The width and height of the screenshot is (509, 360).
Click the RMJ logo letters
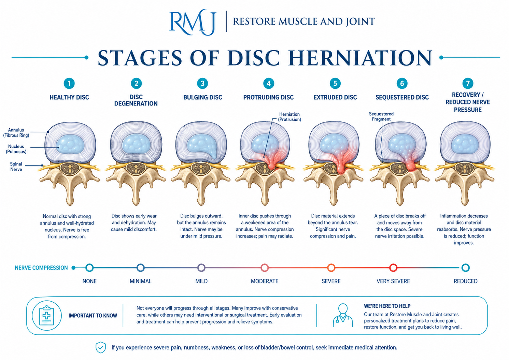(192, 22)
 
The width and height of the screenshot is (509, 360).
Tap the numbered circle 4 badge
(269, 83)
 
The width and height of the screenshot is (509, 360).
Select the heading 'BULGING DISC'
(203, 97)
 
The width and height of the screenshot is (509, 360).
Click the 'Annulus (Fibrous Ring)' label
(16, 133)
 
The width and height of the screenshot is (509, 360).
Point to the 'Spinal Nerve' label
(16, 167)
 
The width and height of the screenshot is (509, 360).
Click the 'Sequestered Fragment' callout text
(381, 116)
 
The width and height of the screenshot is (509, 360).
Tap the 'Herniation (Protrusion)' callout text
(289, 117)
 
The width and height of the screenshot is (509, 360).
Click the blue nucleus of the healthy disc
(70, 145)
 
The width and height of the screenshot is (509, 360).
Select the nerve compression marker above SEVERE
(331, 268)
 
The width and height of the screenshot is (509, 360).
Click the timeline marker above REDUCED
(465, 268)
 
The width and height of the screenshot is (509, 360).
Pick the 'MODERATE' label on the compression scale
(265, 281)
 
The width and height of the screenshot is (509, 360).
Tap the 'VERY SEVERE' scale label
(393, 281)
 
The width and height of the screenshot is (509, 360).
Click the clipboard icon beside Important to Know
(47, 315)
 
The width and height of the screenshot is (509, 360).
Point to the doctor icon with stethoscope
(343, 315)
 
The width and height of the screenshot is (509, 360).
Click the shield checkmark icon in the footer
(101, 347)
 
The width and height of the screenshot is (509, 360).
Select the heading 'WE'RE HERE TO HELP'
(387, 306)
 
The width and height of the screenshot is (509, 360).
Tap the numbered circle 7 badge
(468, 83)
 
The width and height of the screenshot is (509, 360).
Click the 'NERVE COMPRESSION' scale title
(41, 268)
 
